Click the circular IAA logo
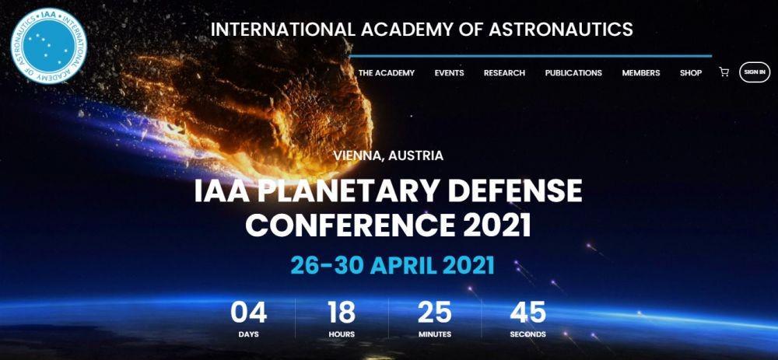[x=48, y=46]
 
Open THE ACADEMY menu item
[x=386, y=73]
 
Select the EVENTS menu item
[x=449, y=73]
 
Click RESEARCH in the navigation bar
[x=504, y=73]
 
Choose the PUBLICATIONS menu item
[x=573, y=73]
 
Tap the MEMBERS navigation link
[x=640, y=73]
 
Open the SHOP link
[x=691, y=73]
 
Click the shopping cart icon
[x=724, y=72]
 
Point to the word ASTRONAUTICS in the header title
[x=561, y=30]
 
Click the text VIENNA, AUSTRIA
[x=388, y=156]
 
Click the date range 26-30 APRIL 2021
[x=392, y=265]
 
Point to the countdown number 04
[x=249, y=313]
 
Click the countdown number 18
[x=342, y=313]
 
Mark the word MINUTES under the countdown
[x=435, y=334]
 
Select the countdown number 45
[x=528, y=313]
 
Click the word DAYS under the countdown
[x=249, y=334]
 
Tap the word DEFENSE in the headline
[x=513, y=190]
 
